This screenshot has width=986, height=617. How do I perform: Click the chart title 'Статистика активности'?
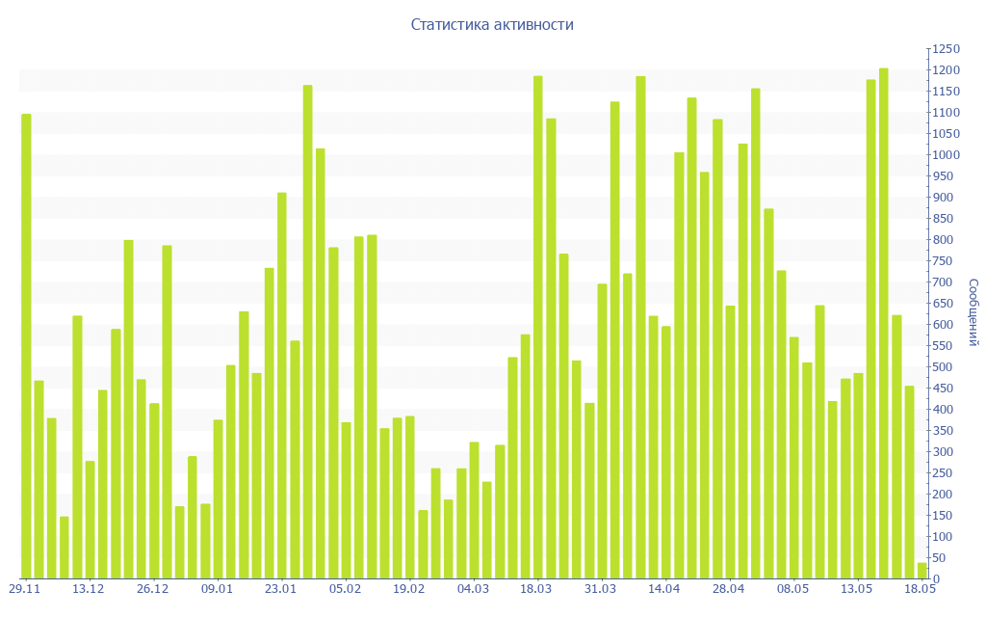point(492,24)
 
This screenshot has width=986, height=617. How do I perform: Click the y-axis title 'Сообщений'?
point(973,312)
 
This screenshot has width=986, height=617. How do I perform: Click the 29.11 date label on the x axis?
point(24,588)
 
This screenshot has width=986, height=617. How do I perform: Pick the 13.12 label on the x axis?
point(89,588)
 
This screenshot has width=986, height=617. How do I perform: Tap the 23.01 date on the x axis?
point(280,588)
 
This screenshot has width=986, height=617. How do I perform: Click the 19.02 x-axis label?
point(409,588)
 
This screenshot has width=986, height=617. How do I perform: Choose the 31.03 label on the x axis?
point(601,588)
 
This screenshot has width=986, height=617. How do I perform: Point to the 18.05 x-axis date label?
point(920,588)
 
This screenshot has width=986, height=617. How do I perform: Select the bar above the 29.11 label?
point(26,346)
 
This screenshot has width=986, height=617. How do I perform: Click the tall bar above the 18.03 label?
point(537,327)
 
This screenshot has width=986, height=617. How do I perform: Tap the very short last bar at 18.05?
point(921,571)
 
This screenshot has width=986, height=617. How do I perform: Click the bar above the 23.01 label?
point(282,386)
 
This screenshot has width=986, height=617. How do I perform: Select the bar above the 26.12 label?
point(154,491)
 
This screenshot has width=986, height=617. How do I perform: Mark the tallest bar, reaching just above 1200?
point(884,323)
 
